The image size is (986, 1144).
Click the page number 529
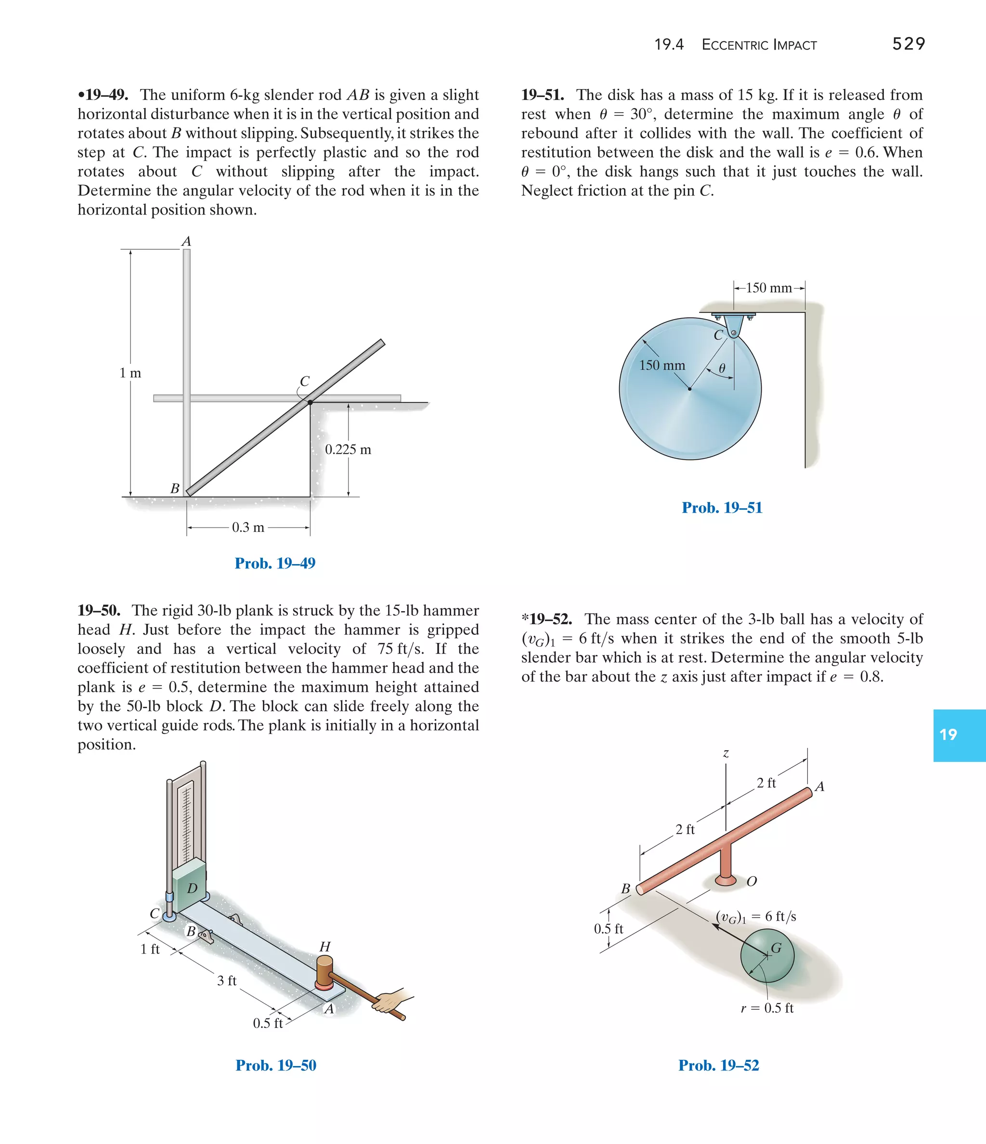coord(908,44)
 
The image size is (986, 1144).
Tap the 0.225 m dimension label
coord(348,450)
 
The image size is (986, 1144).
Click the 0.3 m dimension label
coord(248,527)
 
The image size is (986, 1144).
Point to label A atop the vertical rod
coord(187,242)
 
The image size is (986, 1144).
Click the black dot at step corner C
coord(311,402)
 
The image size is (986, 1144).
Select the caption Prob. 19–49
coord(274,563)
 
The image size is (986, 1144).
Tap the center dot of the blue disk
coord(689,389)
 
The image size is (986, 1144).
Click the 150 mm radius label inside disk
coord(662,365)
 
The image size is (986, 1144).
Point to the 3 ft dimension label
coord(226,980)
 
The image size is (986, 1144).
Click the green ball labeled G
coord(767,956)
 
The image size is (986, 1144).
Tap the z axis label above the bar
coord(726,753)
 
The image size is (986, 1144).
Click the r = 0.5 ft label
coord(767,1008)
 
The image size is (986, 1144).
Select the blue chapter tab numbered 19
coord(959,735)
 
